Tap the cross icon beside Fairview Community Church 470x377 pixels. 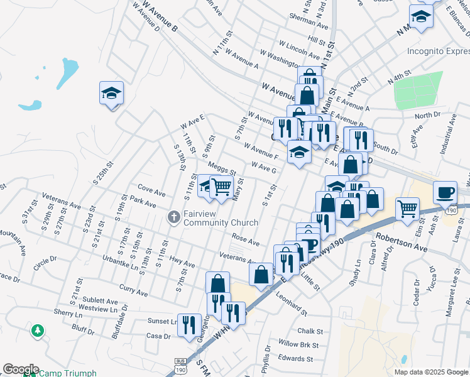(174, 218)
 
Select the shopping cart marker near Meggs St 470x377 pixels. (221, 186)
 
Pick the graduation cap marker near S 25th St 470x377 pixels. (111, 94)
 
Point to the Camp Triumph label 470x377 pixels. (68, 373)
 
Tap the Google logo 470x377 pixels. (20, 369)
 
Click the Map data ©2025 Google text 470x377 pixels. (430, 372)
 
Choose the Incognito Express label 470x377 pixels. (438, 51)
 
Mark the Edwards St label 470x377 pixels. (296, 359)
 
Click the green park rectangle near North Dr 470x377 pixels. (418, 91)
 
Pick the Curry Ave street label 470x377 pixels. (133, 293)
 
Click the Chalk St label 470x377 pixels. (310, 331)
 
